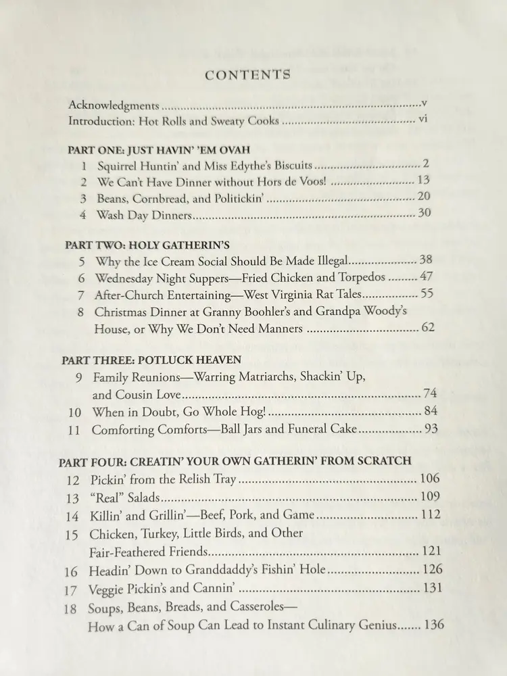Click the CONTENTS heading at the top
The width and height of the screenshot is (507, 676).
[248, 74]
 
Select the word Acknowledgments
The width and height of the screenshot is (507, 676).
[114, 105]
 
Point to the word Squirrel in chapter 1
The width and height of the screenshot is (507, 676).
[120, 166]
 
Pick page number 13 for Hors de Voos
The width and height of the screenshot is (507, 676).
[424, 180]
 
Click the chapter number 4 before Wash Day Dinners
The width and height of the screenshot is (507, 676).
[82, 216]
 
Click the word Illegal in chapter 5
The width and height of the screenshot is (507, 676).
[327, 261]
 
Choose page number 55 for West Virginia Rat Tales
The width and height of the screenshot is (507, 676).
[427, 294]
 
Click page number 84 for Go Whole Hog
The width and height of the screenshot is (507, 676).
[431, 411]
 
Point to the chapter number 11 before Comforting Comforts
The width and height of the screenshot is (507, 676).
[74, 429]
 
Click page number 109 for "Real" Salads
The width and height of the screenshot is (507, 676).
[430, 497]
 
